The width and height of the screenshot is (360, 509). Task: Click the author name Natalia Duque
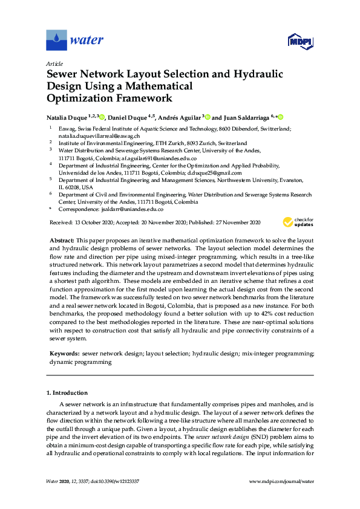pos(67,117)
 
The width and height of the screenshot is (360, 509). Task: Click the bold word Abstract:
pos(62,241)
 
